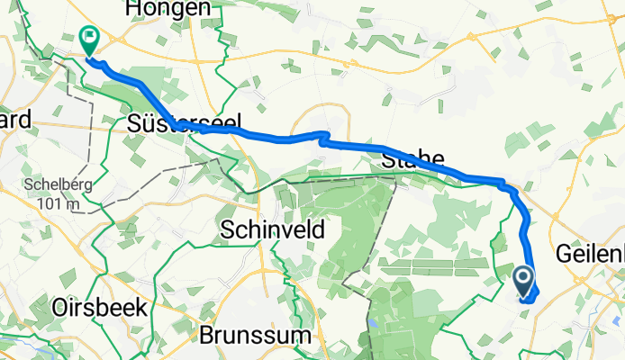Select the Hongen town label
[170, 8]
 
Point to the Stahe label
[415, 162]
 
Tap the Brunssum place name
[257, 336]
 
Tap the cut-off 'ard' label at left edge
[15, 120]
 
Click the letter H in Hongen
[138, 8]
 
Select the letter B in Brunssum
[206, 336]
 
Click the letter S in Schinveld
[227, 229]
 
